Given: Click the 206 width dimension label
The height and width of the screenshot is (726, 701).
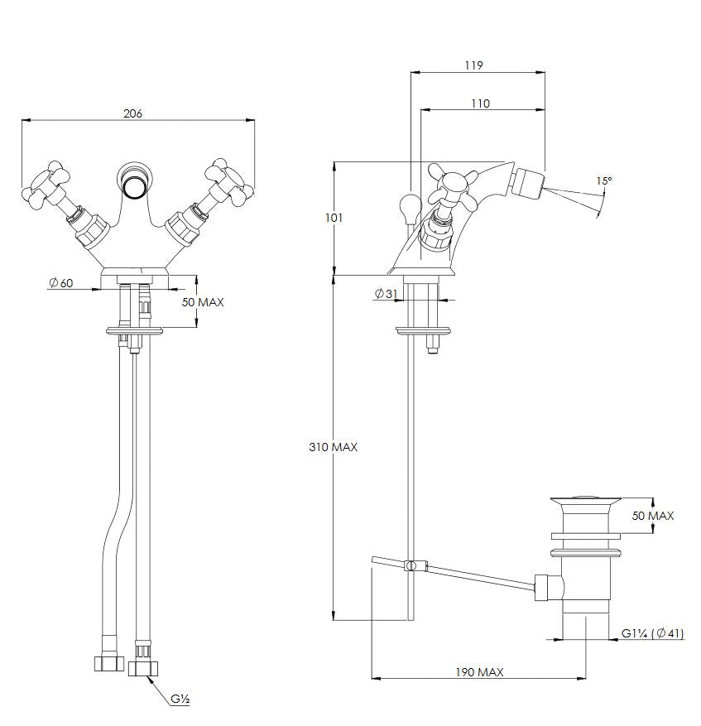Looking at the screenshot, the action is [x=133, y=113].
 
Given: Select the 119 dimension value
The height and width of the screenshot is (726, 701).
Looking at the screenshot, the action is [x=473, y=65].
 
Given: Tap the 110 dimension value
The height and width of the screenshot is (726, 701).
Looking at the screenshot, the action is [x=480, y=103].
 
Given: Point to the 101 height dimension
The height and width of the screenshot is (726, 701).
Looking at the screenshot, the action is [x=334, y=218].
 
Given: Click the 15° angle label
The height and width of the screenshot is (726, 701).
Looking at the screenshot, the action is [x=603, y=180].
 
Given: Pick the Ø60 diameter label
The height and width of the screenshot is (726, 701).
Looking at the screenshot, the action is [x=61, y=282].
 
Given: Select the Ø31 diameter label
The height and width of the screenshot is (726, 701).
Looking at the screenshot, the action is [x=387, y=293].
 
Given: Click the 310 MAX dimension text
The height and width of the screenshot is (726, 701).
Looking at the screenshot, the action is [x=333, y=447].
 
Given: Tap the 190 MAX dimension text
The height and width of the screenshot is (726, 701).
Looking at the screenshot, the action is [x=479, y=672].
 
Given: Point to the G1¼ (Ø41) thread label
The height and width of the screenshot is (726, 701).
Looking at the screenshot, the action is [x=652, y=633].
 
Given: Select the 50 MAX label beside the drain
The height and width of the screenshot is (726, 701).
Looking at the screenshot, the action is [x=653, y=516].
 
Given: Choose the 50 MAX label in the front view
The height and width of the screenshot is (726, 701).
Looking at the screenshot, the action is [x=203, y=302].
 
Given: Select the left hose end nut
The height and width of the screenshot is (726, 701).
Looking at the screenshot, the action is [x=109, y=663].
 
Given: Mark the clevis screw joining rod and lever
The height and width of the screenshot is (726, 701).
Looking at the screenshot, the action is [x=411, y=565].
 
